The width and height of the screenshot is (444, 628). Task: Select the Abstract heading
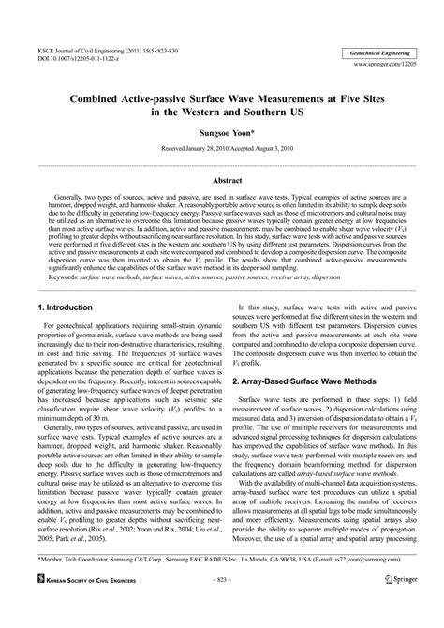click(222, 177)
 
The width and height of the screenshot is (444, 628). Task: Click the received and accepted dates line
click(222, 148)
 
